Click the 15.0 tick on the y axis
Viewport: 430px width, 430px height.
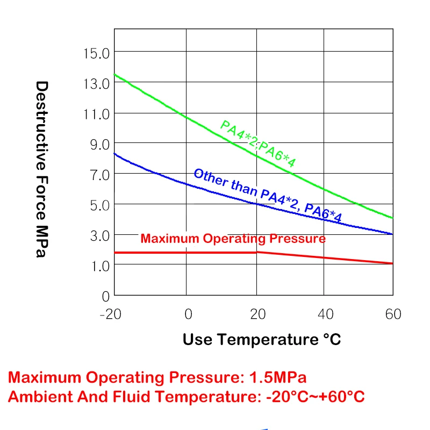click(96, 53)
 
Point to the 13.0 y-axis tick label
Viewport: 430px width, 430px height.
click(96, 83)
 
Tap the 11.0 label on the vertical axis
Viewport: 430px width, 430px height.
click(96, 114)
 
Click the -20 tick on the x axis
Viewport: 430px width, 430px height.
click(111, 314)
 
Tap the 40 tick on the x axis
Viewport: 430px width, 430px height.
click(326, 314)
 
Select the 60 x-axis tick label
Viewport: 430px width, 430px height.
click(393, 314)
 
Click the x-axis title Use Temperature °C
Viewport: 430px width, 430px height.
click(262, 340)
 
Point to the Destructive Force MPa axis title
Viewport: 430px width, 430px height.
click(42, 169)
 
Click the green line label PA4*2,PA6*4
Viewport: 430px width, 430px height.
click(258, 144)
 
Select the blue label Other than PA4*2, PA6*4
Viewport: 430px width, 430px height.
click(267, 195)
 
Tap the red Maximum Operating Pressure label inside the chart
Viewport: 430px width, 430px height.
click(233, 239)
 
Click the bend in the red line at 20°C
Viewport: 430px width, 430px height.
click(257, 252)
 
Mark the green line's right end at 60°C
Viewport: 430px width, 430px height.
click(393, 218)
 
